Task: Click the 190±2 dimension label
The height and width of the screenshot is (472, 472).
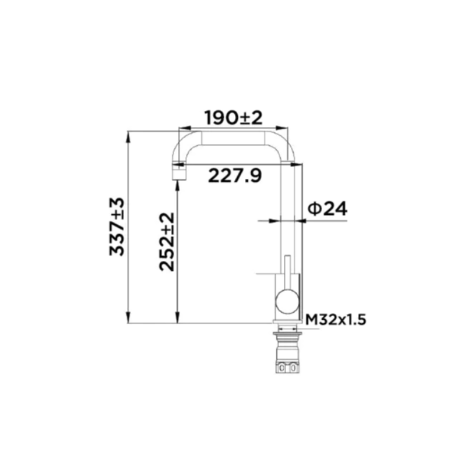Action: point(234,117)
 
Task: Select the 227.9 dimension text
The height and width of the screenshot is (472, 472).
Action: point(235,175)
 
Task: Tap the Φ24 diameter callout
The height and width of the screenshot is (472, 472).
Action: point(327,208)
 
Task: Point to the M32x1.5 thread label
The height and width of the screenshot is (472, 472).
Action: point(336,319)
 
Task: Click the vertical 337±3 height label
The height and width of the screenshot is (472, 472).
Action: point(117,227)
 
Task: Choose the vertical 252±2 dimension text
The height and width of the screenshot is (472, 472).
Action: point(167,242)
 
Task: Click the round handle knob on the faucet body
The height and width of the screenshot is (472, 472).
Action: point(287,301)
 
